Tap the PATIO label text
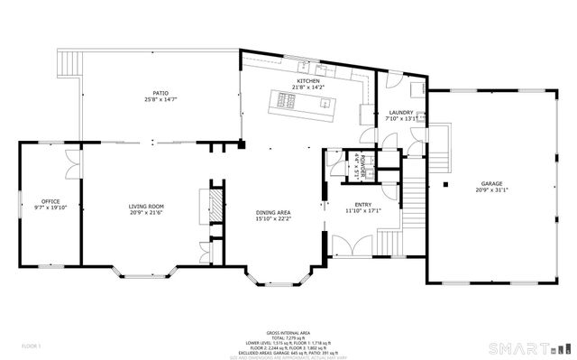(x=160, y=93)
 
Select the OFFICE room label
(x=50, y=201)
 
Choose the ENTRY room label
(x=363, y=205)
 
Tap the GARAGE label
(x=490, y=184)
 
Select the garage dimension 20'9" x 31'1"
(x=490, y=190)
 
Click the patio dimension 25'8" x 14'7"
(x=160, y=99)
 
